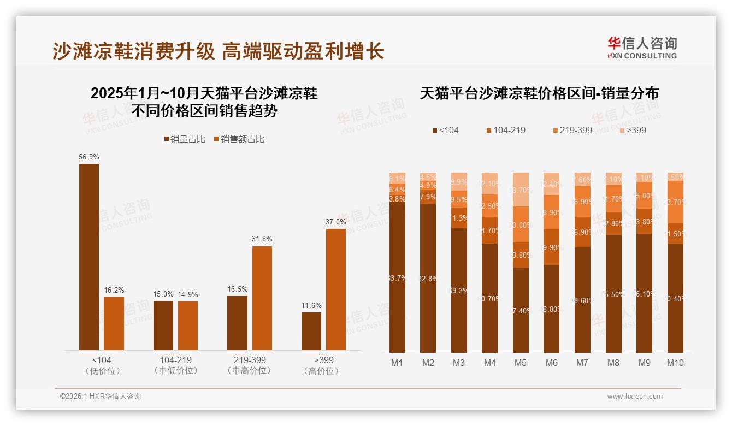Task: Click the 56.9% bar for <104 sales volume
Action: (89, 257)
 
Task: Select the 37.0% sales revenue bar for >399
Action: (336, 289)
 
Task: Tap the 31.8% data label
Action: (262, 239)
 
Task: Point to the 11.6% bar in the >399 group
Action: (311, 331)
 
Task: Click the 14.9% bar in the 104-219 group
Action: (188, 326)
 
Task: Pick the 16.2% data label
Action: (114, 290)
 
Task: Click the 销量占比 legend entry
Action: (184, 139)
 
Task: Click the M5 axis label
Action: (521, 363)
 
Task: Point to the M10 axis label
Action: (675, 363)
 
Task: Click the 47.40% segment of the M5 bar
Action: (521, 310)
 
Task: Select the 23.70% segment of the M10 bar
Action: (675, 202)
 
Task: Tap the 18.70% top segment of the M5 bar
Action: (521, 190)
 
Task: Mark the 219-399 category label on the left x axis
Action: (250, 360)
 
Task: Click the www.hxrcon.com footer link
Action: (635, 397)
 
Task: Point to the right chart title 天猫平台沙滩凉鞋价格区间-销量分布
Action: (539, 93)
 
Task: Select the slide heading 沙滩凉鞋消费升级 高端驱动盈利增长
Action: (219, 51)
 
